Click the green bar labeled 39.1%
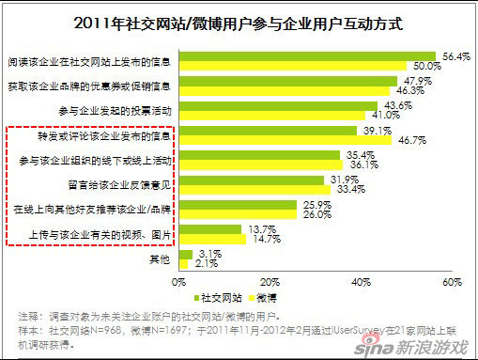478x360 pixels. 266,131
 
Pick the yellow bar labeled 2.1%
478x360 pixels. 181,263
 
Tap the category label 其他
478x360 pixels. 161,258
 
